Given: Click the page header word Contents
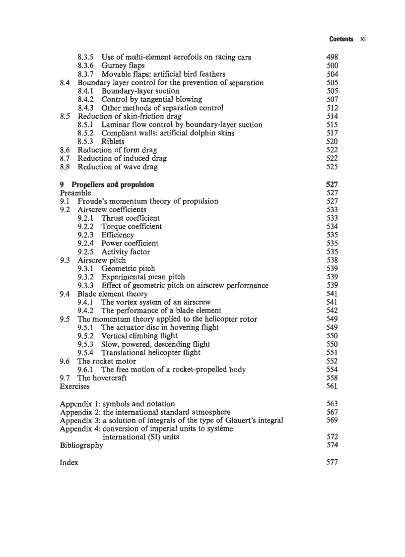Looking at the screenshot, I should pos(341,39).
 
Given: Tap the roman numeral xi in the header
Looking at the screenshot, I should pos(362,39).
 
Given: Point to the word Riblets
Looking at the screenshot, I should pos(113,141).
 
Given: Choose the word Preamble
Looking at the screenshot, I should pos(75,192).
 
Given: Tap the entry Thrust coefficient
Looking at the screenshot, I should pos(131,218).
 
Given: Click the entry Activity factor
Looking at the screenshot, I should pos(125,252).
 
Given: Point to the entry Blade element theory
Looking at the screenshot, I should pos(112,294).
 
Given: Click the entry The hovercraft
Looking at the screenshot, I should pos(102,378).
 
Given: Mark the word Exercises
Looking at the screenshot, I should pos(74,386).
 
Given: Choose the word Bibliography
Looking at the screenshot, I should pos(81,445).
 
